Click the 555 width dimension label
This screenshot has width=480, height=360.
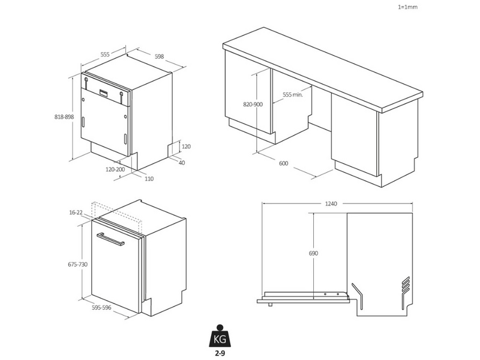coord(104,55)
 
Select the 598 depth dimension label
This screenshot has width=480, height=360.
coord(159,56)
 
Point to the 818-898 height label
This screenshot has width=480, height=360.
coord(64,116)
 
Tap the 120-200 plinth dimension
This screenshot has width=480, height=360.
coord(115,169)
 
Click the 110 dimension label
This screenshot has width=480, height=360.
coord(149,179)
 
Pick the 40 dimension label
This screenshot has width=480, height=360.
coord(182,163)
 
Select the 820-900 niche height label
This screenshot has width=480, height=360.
coord(253,104)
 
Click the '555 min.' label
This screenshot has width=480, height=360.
coord(293,95)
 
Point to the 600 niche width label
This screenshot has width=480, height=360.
coord(283,163)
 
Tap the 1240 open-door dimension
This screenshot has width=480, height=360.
coord(331,204)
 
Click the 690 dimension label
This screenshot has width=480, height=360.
coord(313,253)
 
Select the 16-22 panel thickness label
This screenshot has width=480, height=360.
coord(76,212)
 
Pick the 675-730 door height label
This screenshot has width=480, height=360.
coord(78,264)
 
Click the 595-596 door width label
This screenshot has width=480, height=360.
coord(101,308)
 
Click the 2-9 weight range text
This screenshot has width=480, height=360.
coord(220,353)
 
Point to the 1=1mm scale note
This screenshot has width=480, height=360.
coord(407,7)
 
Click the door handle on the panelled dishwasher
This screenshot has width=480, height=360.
coord(110,239)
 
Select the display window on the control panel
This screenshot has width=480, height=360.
coord(104,93)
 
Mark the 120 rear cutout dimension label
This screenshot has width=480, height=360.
coord(186,146)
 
